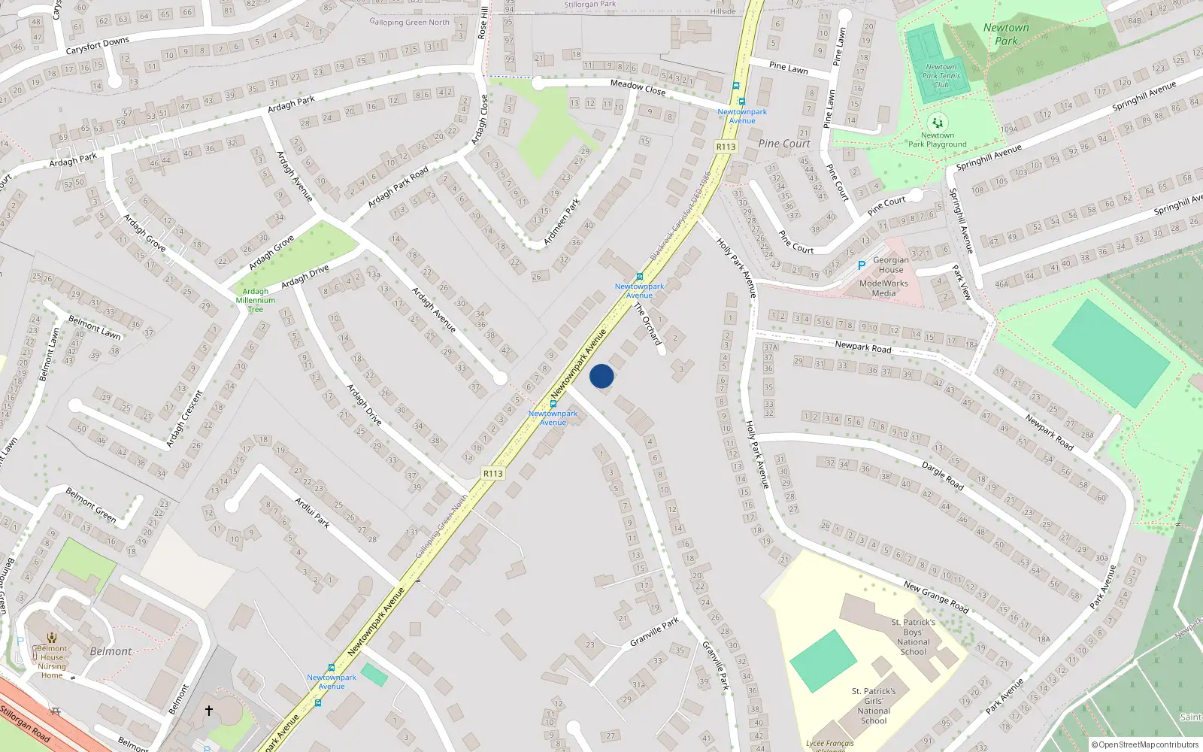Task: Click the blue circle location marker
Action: pos(601,376)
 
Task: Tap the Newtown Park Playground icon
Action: pos(937,123)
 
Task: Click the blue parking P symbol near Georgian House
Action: pos(862,265)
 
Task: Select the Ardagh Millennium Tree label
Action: pos(256,300)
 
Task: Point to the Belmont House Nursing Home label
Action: pos(52,662)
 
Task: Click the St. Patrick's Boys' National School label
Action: pos(914,637)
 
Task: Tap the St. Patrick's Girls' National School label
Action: pos(874,705)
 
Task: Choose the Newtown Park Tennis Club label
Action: pos(941,76)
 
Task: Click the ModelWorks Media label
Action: pos(883,288)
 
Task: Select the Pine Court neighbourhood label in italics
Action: pos(784,144)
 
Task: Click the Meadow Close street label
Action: pos(638,87)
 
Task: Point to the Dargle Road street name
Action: pos(942,476)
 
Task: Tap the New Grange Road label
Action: pos(936,596)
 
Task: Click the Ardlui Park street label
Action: pos(312,512)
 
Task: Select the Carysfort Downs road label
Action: pos(97,46)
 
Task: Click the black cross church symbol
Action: pos(209,710)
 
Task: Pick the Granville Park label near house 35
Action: pos(654,632)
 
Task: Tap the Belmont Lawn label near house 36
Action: pos(94,327)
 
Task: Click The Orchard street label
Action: pos(647,324)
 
